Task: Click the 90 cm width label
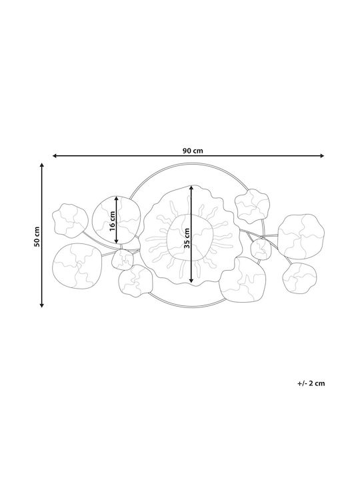pyautogui.click(x=193, y=151)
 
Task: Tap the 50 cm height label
pyautogui.click(x=37, y=237)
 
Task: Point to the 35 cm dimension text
pyautogui.click(x=187, y=238)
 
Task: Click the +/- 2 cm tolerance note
pyautogui.click(x=311, y=383)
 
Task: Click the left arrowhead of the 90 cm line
pyautogui.click(x=55, y=156)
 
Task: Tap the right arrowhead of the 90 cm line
pyautogui.click(x=322, y=156)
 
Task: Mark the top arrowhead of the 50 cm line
pyautogui.click(x=42, y=165)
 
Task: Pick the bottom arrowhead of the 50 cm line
pyautogui.click(x=42, y=305)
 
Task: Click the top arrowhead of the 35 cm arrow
pyautogui.click(x=191, y=188)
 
